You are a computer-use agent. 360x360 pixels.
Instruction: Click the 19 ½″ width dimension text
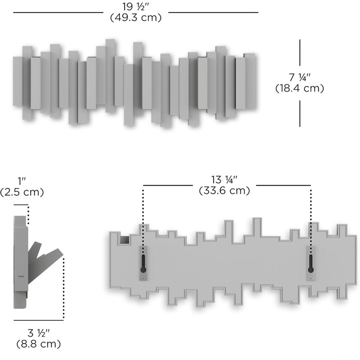(x=136, y=7)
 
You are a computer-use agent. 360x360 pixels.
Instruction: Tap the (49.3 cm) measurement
(x=136, y=18)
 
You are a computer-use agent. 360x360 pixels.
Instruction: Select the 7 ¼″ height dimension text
(x=300, y=77)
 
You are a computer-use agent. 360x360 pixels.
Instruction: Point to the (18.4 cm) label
(x=300, y=88)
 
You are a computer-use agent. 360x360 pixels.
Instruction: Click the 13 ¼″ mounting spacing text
(x=224, y=180)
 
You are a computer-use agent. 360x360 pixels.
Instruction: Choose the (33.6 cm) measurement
(x=224, y=190)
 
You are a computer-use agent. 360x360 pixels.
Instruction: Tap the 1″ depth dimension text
(x=22, y=181)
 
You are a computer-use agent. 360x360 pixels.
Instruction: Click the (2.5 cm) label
(x=22, y=192)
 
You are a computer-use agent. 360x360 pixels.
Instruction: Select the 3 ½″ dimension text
(x=39, y=333)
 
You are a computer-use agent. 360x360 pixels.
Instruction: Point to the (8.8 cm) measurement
(x=39, y=344)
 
